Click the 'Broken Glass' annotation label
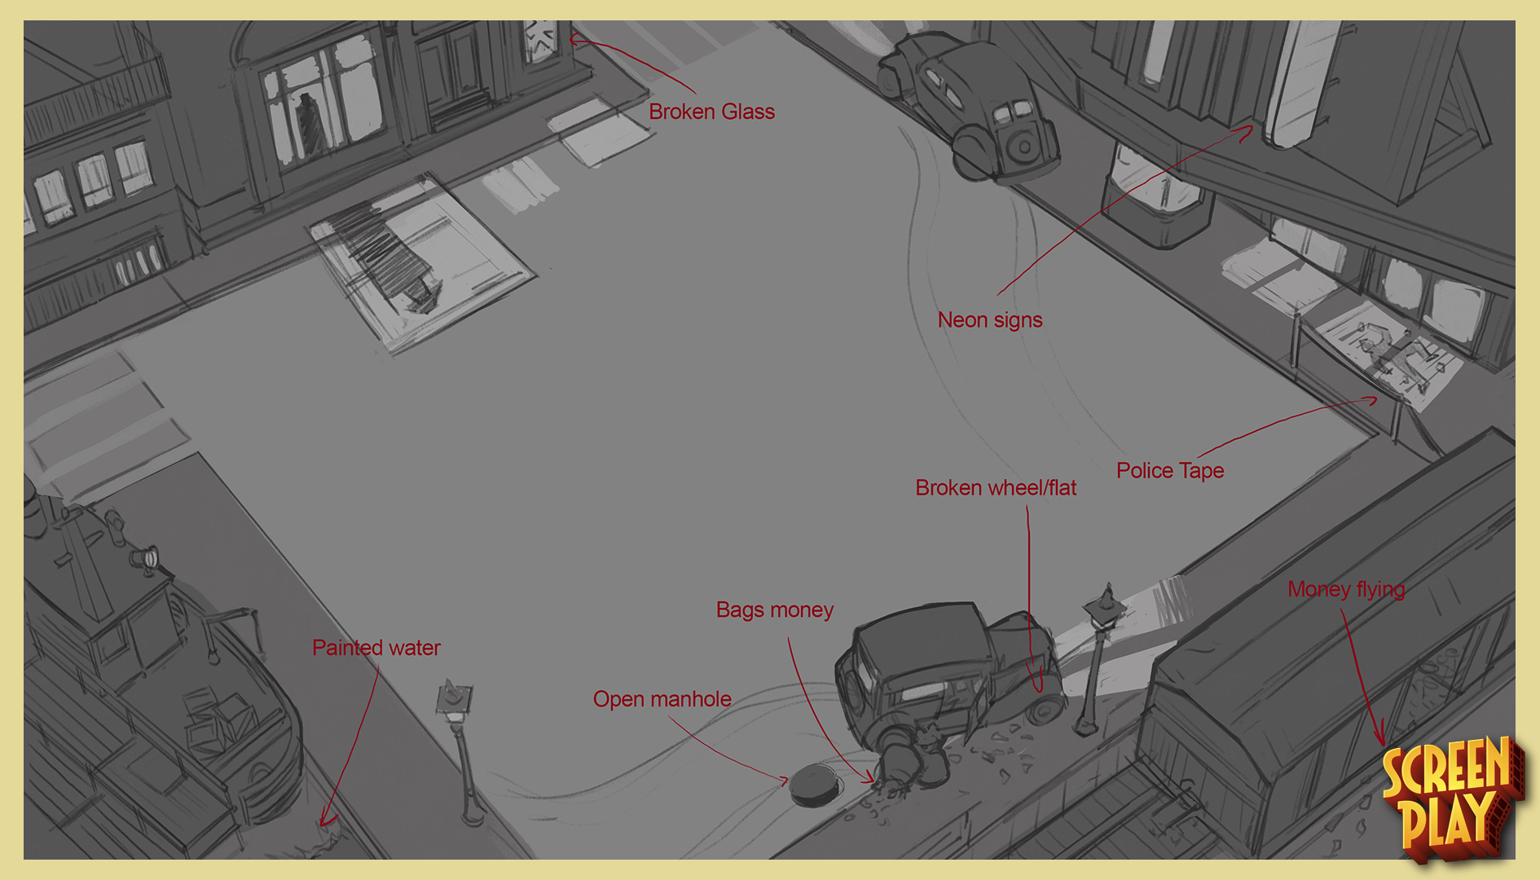(x=711, y=112)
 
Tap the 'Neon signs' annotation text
(x=989, y=319)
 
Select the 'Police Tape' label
(x=1169, y=470)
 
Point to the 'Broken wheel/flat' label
(x=995, y=487)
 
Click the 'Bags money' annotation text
(x=774, y=609)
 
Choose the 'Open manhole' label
(x=662, y=699)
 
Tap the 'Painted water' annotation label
(x=376, y=648)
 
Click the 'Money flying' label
(x=1345, y=589)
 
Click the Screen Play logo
(x=1450, y=799)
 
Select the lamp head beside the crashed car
(x=1104, y=607)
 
